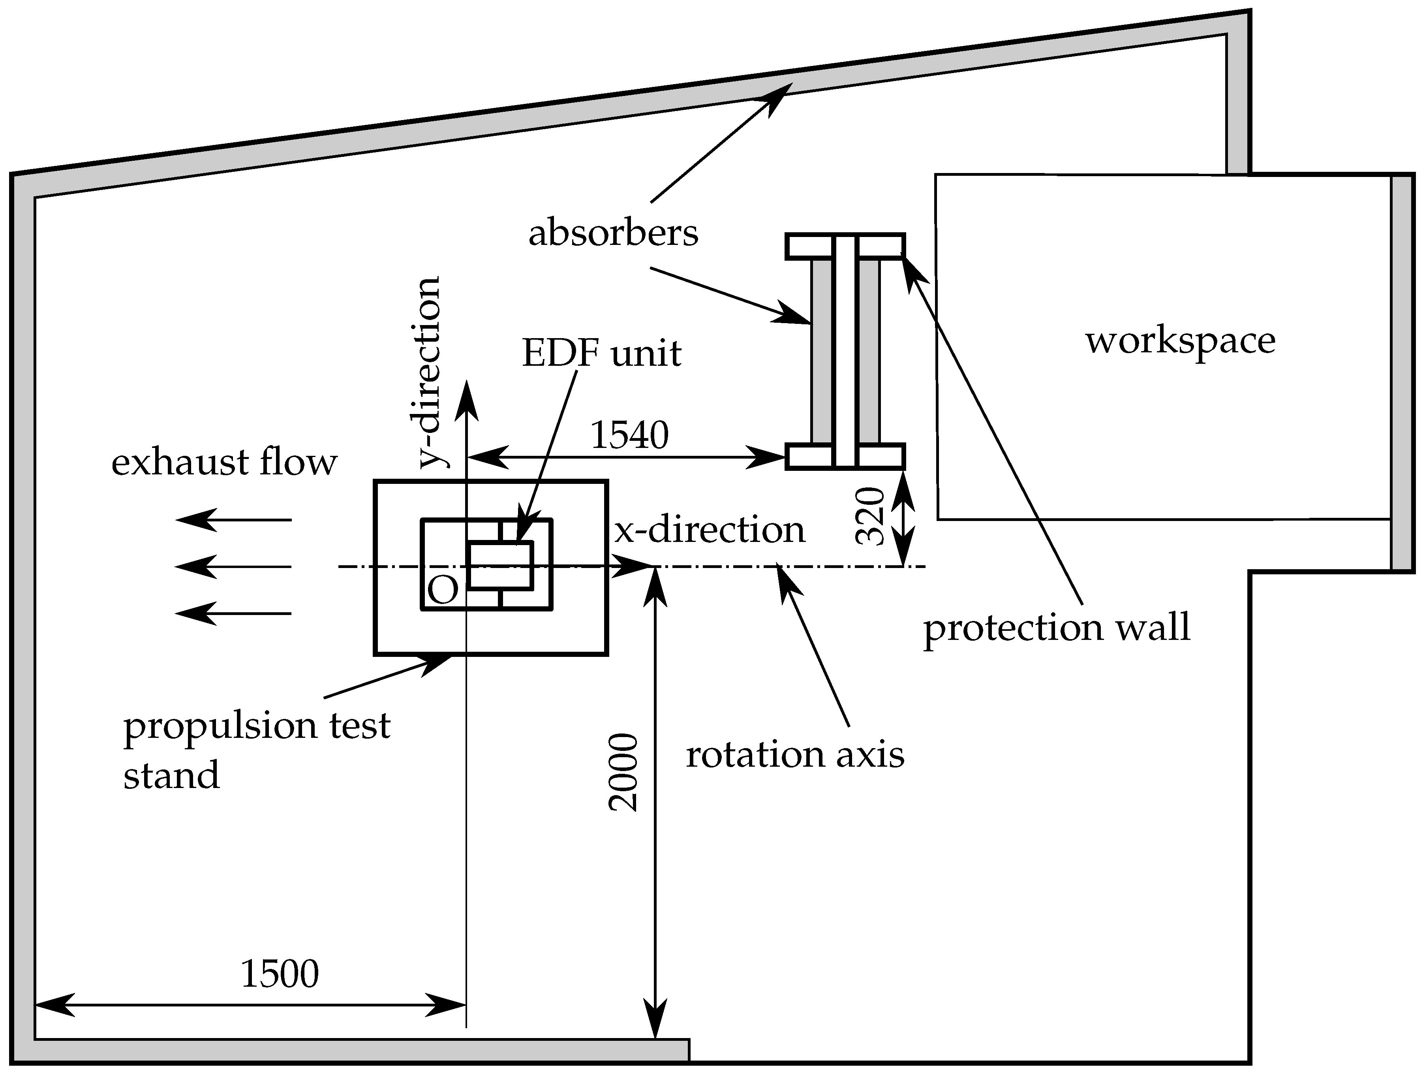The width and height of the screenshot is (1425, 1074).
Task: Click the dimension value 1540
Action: (x=629, y=436)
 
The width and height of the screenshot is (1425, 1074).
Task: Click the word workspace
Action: (x=1180, y=341)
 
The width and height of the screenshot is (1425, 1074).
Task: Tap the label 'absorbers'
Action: (x=613, y=233)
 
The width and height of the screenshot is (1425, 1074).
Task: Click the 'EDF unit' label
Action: (x=601, y=354)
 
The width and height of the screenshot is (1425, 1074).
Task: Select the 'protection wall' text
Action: (x=1057, y=628)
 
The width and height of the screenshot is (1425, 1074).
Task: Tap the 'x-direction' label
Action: (x=709, y=530)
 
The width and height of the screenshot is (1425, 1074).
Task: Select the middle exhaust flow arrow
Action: (x=233, y=567)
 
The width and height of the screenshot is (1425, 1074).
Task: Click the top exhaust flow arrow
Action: (x=233, y=519)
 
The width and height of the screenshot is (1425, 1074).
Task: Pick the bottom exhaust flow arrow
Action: (x=233, y=613)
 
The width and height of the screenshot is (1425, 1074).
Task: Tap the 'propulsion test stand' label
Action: (x=256, y=750)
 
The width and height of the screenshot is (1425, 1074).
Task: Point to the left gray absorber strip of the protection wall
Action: (x=821, y=351)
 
